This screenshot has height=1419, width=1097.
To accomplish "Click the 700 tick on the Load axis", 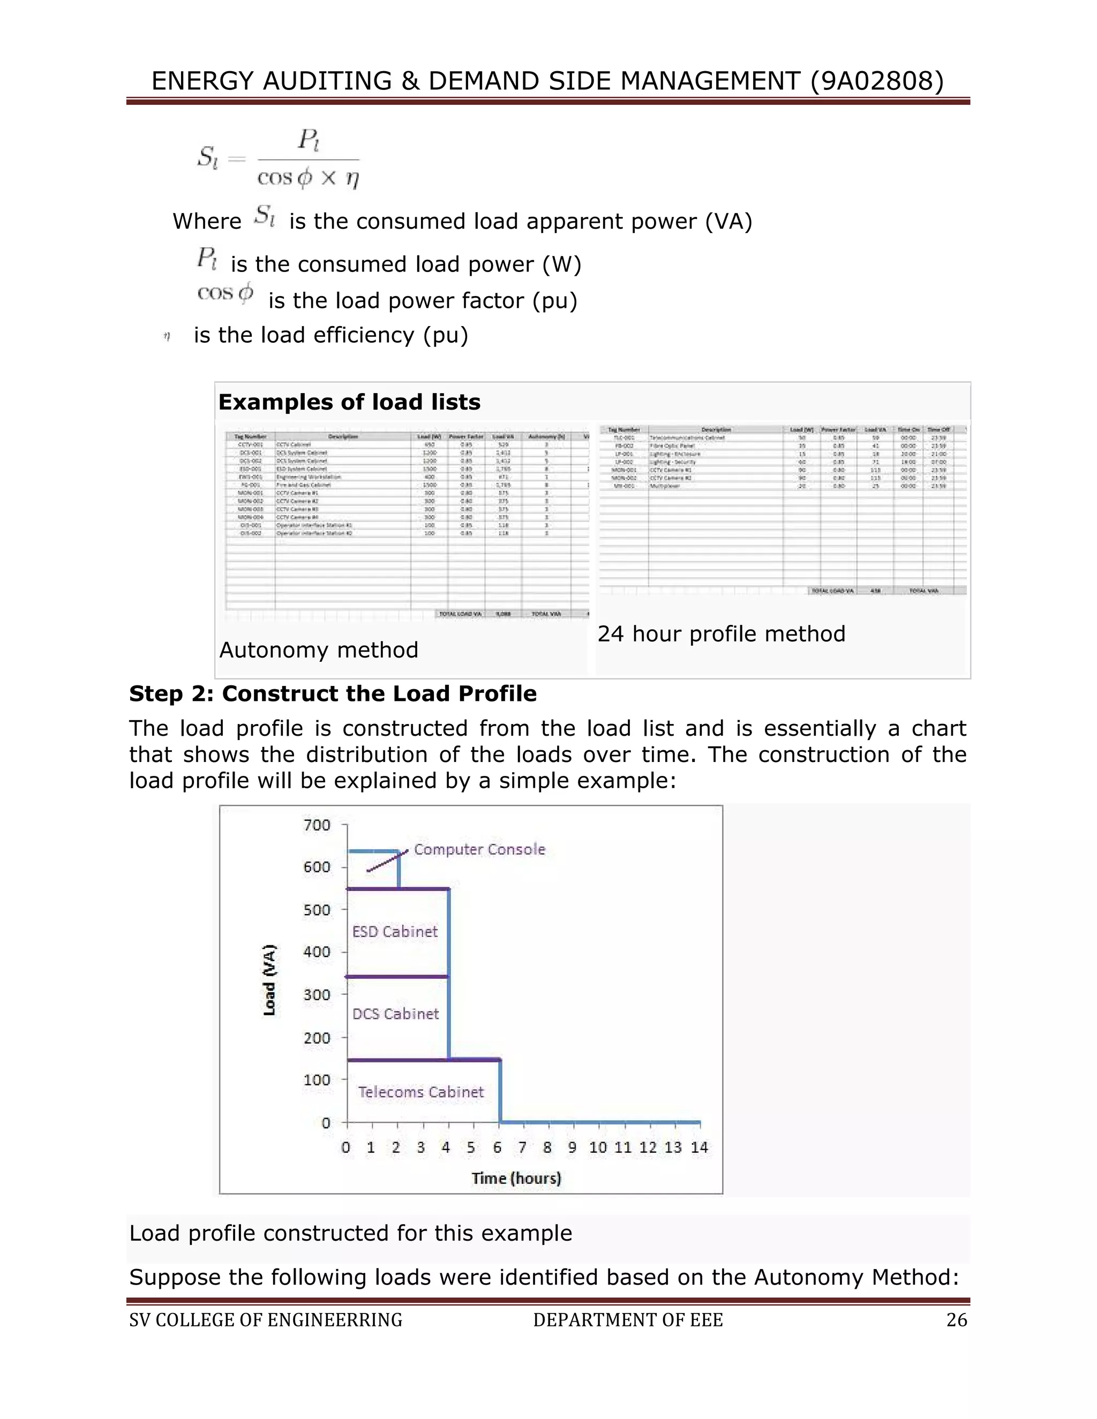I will coord(317,825).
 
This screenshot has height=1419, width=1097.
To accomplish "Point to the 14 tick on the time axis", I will coord(699,1148).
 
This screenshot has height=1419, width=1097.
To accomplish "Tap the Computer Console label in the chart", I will coord(479,849).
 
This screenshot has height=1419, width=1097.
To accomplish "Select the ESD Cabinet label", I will coord(394,932).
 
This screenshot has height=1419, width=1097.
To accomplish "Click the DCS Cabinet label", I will coord(395,1014).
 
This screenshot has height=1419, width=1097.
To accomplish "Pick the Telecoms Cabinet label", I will coord(420,1091).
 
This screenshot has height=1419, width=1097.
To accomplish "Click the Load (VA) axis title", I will coord(269,980).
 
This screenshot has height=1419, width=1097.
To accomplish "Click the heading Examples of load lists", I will coord(349,402).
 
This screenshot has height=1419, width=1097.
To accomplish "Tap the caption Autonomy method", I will coord(319,650).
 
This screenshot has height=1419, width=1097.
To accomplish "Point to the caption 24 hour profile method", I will coord(722,633).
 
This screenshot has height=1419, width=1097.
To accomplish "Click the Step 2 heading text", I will coord(333,693).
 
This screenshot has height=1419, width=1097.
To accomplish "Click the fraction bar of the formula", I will coord(308,159).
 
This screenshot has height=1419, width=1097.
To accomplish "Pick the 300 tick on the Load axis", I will coord(317,995).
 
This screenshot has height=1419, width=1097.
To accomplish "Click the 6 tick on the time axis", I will coord(497,1148).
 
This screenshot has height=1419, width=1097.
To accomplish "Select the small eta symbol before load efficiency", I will coord(167,337).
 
